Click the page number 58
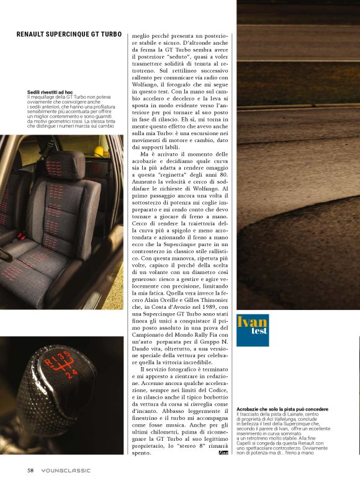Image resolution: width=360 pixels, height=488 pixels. point(30,470)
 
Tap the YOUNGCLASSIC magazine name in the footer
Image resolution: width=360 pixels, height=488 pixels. point(66,470)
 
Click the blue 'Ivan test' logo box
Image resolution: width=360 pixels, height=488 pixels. point(252,330)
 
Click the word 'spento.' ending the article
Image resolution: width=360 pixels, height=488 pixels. point(142,453)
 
